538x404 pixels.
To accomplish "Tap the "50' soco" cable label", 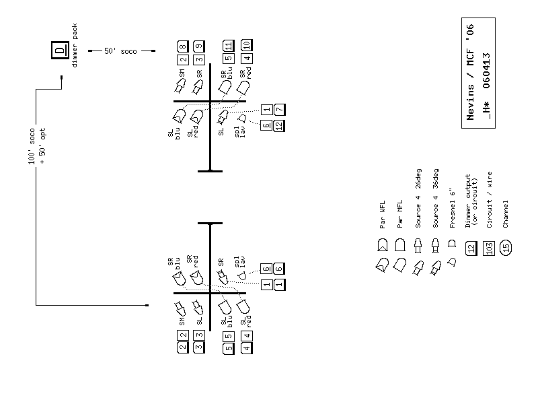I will [120, 51].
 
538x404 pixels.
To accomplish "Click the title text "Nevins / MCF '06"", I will [470, 72].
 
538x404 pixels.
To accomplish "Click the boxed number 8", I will [183, 46].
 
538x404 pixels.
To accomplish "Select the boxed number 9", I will [199, 46].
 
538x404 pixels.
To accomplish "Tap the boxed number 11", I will [229, 46].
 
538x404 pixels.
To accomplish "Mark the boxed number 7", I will [280, 109].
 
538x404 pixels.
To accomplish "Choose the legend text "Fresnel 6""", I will [453, 204].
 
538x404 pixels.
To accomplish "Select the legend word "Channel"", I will [506, 213].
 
